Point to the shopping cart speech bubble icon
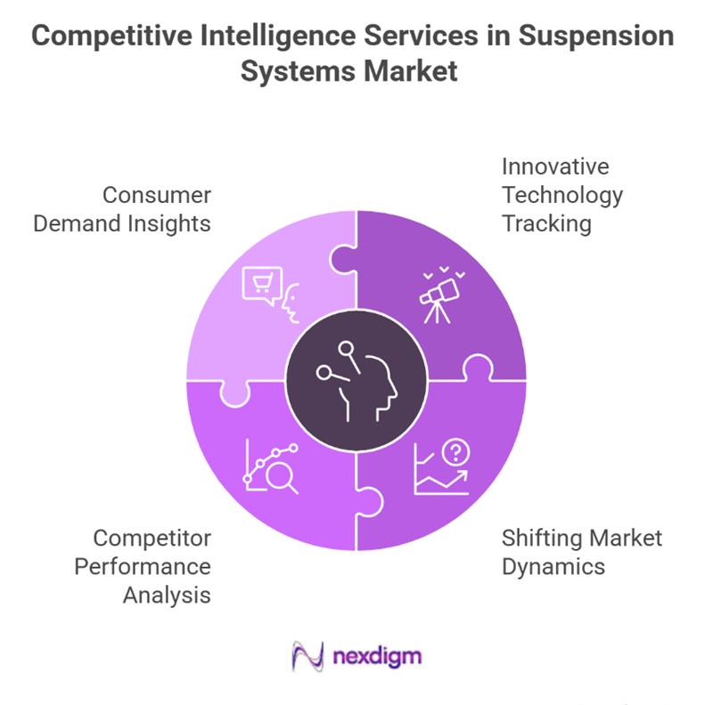pyautogui.click(x=260, y=285)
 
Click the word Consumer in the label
pyautogui.click(x=156, y=195)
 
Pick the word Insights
pyautogui.click(x=168, y=223)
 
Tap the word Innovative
pyautogui.click(x=554, y=167)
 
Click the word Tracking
pyautogui.click(x=546, y=223)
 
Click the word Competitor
pyautogui.click(x=152, y=538)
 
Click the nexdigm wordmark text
pyautogui.click(x=377, y=658)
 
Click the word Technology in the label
pyautogui.click(x=561, y=195)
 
